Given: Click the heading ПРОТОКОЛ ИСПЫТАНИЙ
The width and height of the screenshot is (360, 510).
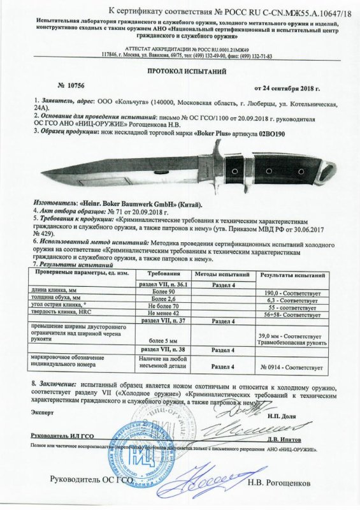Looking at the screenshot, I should pos(180,73).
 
